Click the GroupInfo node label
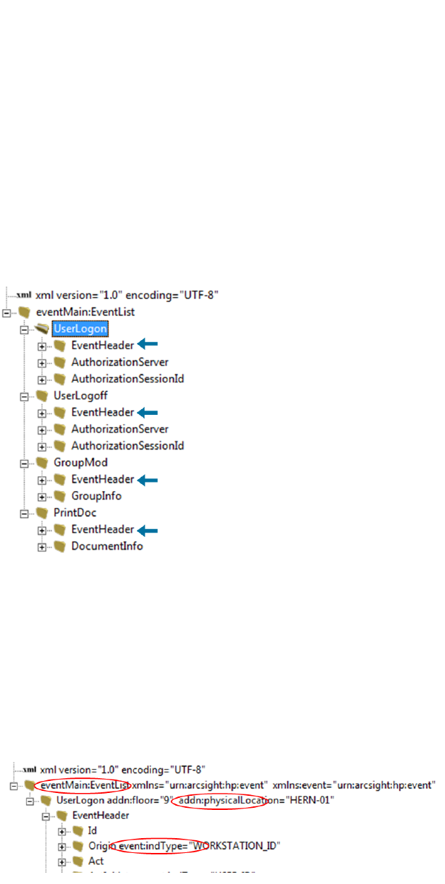click(x=96, y=496)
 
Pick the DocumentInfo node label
click(x=106, y=546)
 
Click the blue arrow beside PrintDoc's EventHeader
click(x=147, y=530)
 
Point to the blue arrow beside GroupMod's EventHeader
click(x=147, y=480)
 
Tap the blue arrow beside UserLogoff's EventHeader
click(x=147, y=413)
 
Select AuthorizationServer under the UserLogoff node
click(x=120, y=429)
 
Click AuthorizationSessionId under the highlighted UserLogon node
click(x=128, y=379)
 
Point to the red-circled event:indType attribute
click(x=161, y=845)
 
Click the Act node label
click(x=96, y=861)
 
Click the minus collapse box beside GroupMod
click(x=25, y=464)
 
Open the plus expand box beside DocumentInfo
click(x=42, y=547)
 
